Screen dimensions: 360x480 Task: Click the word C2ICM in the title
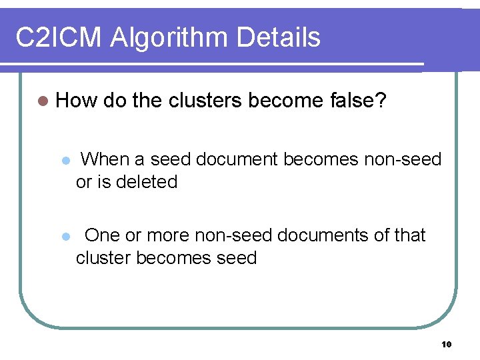click(x=59, y=39)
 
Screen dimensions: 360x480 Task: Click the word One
click(x=103, y=235)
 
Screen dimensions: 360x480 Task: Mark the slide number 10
click(x=446, y=344)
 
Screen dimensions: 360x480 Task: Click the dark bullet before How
click(x=43, y=101)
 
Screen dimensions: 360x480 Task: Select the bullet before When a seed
click(x=65, y=161)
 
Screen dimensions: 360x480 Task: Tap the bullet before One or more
click(x=65, y=237)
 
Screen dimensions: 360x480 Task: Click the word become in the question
click(x=287, y=101)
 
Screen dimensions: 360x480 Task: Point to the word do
click(x=115, y=101)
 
